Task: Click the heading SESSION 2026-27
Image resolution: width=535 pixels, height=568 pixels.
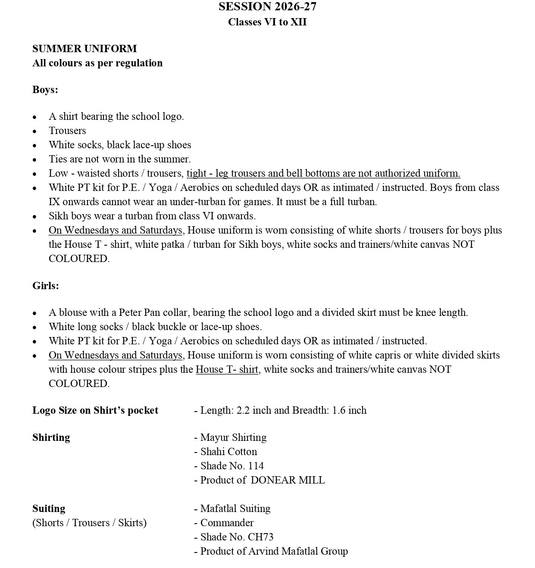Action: pos(267,6)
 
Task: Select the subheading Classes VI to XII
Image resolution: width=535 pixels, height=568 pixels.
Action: pos(267,22)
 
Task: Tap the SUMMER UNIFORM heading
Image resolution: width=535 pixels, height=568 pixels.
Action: pos(84,49)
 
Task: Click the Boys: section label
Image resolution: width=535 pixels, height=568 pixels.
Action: pos(45,90)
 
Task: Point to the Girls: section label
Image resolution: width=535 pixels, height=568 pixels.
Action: pos(46,286)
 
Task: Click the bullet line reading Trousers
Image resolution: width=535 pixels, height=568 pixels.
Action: pos(67,131)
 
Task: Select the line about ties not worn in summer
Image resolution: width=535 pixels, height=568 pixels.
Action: pos(120,159)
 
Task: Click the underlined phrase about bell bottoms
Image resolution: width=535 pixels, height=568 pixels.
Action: pos(323,173)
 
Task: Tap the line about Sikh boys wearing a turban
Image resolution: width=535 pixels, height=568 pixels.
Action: pos(152,216)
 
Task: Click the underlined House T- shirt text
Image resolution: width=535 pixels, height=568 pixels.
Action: pos(227,369)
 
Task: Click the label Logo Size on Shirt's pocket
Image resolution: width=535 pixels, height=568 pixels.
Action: pos(95,410)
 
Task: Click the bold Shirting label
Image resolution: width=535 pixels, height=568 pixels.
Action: pos(51,437)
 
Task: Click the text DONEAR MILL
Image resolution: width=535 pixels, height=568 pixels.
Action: pos(288,480)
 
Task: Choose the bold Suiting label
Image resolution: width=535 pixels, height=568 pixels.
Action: pos(49,509)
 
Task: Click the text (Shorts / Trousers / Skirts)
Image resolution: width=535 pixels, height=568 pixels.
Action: pos(89,523)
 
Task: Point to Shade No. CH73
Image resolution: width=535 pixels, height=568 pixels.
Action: pos(237,537)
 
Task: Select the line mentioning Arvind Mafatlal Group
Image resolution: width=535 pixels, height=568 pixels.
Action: pos(274,551)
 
